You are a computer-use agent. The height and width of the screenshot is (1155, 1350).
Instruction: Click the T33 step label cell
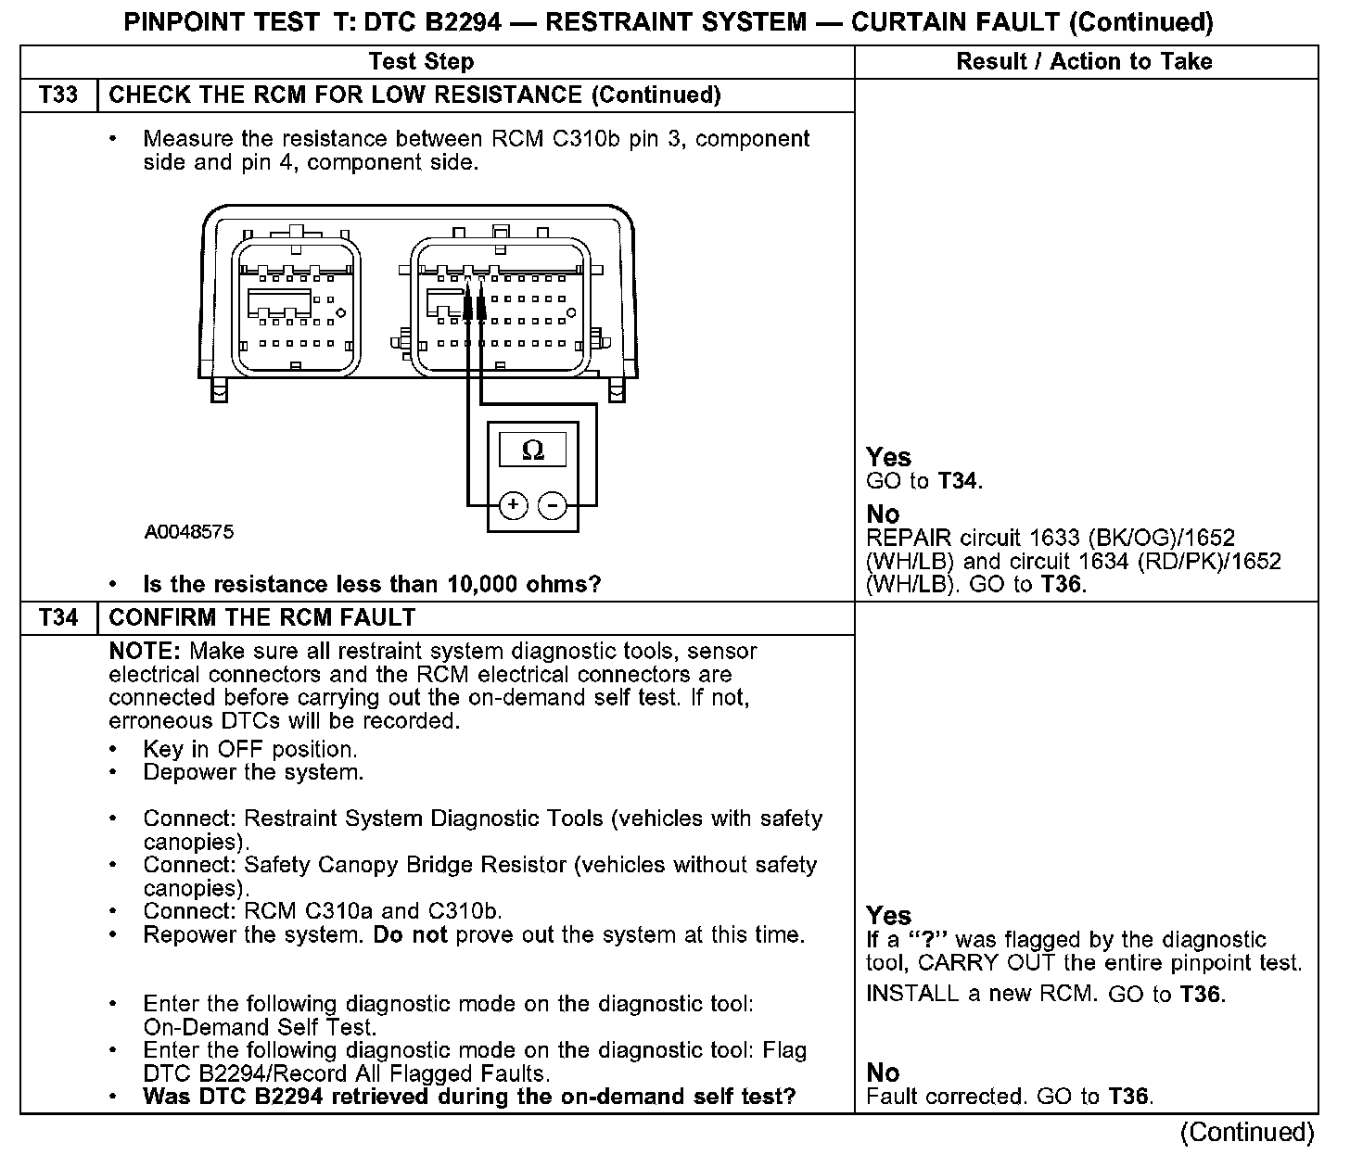coord(58,95)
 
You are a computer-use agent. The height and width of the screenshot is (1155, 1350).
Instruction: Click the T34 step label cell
coord(58,618)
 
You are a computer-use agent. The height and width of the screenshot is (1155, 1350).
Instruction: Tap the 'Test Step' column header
coord(421,62)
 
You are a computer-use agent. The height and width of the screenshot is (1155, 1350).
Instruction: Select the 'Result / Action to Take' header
coord(1084,62)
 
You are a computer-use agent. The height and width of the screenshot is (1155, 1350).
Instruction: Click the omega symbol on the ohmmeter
coord(533,451)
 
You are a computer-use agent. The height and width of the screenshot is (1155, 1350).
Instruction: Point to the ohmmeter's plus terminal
coord(513,505)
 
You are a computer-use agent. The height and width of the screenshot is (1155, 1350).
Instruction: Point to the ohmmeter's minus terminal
coord(553,505)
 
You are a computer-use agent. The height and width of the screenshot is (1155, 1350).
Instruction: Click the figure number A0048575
coord(189,533)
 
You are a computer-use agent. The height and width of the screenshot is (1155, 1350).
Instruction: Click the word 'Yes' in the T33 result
coord(888,457)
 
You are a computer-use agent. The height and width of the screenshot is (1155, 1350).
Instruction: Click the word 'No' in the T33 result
coord(883,514)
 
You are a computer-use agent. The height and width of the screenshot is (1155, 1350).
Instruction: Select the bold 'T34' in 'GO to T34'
coord(959,481)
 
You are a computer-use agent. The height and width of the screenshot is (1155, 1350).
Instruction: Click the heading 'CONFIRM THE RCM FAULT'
coord(262,618)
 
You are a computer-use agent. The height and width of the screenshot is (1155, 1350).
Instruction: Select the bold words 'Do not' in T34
coord(410,935)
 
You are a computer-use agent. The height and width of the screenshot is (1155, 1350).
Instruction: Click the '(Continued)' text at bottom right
coord(1246,1133)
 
